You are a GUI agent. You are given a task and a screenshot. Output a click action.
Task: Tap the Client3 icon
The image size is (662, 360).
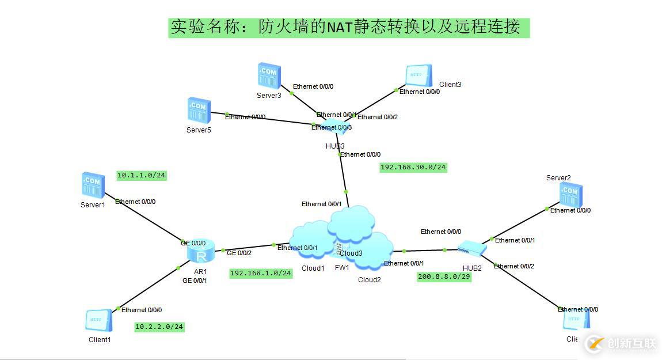pos(419,75)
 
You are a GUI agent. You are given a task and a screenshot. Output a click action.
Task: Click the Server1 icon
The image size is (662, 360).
pos(93,185)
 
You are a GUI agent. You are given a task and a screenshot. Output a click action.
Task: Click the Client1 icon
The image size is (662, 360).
pos(98,320)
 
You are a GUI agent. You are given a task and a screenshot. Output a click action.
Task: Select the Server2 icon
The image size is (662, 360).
pos(570,194)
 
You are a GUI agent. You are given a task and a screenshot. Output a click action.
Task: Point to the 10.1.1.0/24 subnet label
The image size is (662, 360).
pos(142,175)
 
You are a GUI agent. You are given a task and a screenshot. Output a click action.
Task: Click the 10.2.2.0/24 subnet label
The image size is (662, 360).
pos(159,327)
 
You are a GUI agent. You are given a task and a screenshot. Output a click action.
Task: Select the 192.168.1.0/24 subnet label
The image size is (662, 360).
pos(261,273)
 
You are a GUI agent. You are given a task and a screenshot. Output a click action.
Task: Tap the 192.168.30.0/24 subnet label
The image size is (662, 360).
pos(413,167)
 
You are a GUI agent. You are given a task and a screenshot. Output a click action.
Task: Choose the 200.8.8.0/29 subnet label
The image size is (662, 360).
pos(444,276)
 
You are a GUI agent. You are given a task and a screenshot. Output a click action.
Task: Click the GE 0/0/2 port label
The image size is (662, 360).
pos(239,253)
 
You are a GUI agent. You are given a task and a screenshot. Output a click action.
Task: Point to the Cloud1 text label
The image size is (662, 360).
pos(313,268)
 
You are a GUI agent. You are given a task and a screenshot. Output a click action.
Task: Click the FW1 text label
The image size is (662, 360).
pos(342,268)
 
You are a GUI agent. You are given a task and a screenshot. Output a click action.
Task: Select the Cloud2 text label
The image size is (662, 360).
pos(370,280)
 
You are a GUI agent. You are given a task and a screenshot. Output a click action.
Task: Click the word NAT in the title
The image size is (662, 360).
pos(341,26)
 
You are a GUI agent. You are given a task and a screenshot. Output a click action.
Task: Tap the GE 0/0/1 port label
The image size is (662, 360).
pos(195,281)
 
